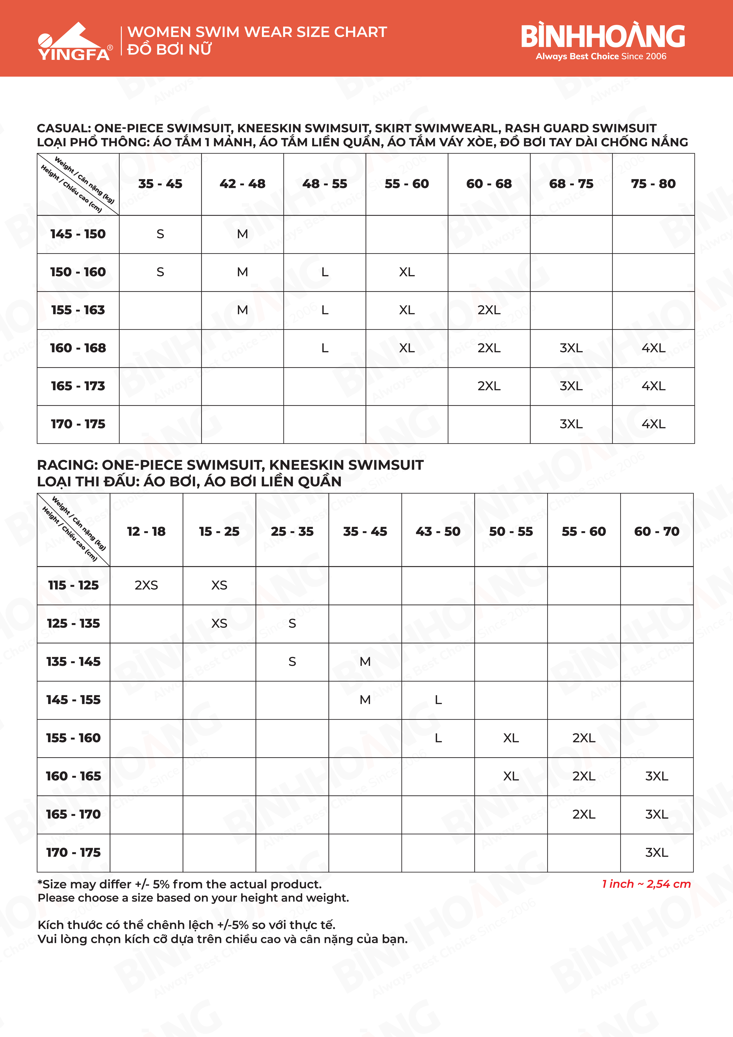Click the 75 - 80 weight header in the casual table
pos(653,184)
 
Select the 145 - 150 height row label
pos(78,234)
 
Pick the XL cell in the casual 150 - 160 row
pos(406,272)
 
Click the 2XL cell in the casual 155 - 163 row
pos(489,310)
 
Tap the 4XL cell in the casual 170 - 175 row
pos(653,424)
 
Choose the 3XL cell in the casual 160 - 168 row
pos(571,348)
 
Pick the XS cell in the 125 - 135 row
pos(219,623)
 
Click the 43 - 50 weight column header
pos(438,531)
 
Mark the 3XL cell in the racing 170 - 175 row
pos(656,852)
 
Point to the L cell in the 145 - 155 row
pos(438,700)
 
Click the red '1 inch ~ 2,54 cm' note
pos(646,884)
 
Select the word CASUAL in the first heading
pos(63,128)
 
